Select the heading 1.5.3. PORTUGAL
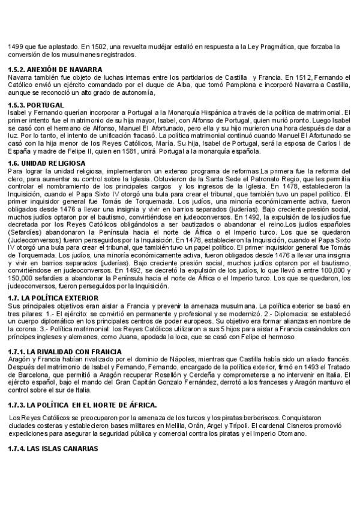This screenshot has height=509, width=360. coord(35,104)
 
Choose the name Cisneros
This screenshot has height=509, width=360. coord(296,426)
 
